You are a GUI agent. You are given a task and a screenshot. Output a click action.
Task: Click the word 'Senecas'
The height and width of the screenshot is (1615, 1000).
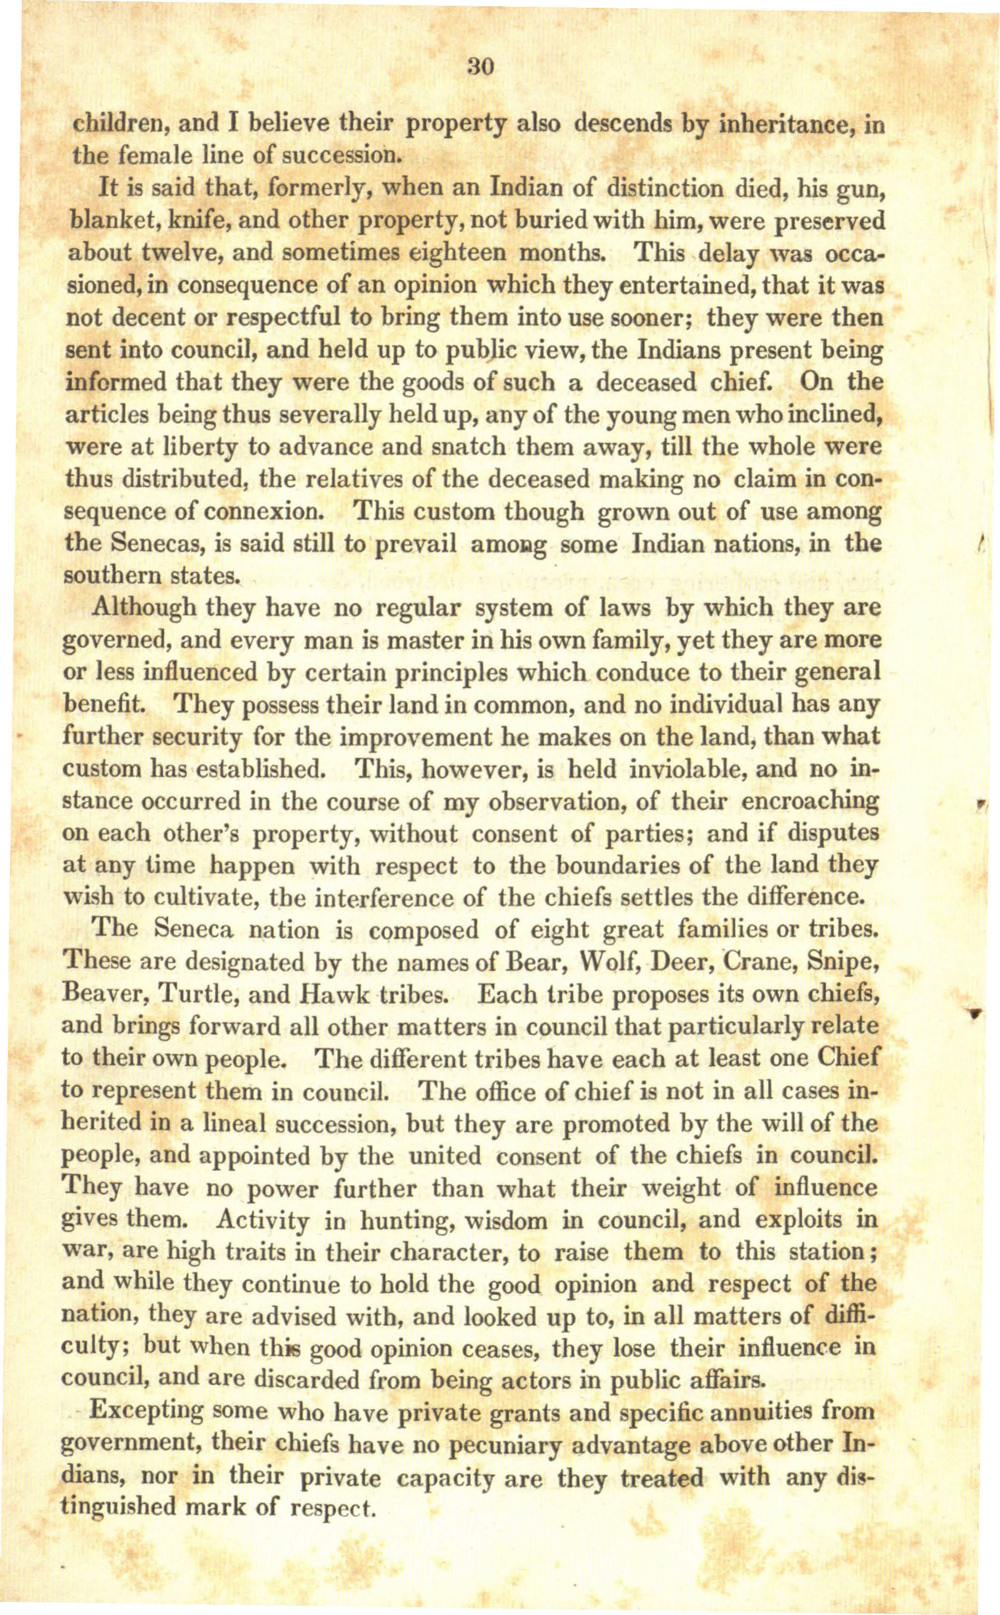[x=155, y=545]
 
